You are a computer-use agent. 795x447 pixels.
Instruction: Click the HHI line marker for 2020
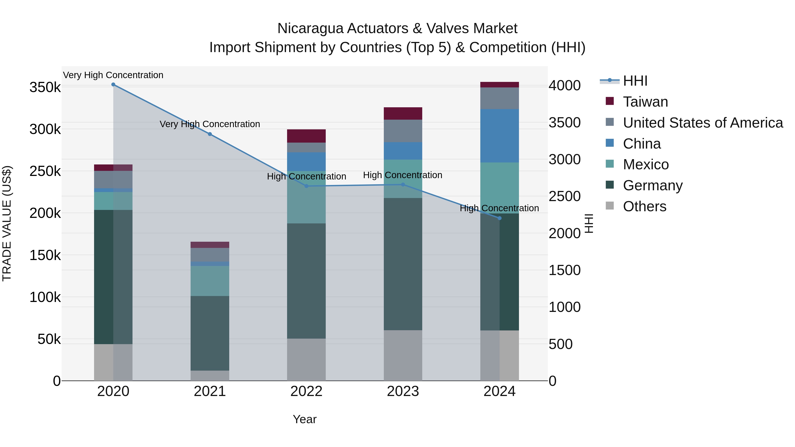[x=113, y=85]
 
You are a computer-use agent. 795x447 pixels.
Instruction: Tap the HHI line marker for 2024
[x=500, y=218]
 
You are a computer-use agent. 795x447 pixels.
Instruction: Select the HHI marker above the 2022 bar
[x=307, y=186]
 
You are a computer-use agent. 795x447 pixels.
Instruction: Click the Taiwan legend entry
[x=645, y=102]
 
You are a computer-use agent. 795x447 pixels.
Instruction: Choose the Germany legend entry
[x=652, y=185]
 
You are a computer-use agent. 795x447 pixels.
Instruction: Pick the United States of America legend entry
[x=702, y=123]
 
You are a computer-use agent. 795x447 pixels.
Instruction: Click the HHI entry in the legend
[x=635, y=81]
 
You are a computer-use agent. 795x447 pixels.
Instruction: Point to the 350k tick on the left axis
[x=45, y=87]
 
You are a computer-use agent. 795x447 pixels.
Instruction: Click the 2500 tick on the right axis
[x=564, y=196]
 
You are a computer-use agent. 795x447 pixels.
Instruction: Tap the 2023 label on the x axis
[x=403, y=391]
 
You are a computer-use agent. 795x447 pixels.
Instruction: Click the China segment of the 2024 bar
[x=500, y=136]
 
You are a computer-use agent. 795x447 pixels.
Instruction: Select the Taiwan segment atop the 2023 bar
[x=403, y=113]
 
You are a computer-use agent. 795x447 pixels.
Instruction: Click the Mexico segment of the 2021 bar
[x=210, y=281]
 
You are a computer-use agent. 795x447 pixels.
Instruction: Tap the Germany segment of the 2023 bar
[x=403, y=264]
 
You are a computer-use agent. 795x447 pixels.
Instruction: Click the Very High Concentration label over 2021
[x=210, y=124]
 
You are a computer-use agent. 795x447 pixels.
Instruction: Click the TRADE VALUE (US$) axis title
[x=7, y=223]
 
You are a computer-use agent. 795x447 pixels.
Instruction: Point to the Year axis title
[x=305, y=419]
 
